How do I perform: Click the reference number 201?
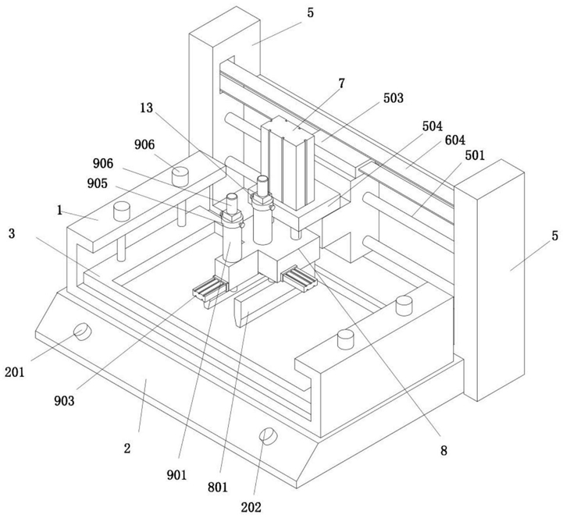(x=15, y=372)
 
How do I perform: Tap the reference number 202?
(x=251, y=507)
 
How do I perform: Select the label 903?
(x=64, y=401)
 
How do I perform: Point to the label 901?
(x=176, y=475)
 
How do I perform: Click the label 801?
(x=218, y=487)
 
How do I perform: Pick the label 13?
(x=146, y=108)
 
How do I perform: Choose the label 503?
(x=394, y=98)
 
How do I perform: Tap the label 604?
(x=455, y=140)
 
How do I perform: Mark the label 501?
(x=475, y=155)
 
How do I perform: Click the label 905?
(x=98, y=183)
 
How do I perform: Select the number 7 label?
(x=341, y=83)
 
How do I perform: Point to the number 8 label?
(x=444, y=451)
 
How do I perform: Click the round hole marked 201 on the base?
(x=83, y=331)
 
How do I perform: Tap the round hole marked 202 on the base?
(x=269, y=435)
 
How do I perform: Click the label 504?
(x=433, y=126)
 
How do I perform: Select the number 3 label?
(x=12, y=234)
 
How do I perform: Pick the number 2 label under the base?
(x=127, y=449)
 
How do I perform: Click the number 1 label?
(x=59, y=210)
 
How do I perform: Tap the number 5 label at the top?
(x=310, y=12)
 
